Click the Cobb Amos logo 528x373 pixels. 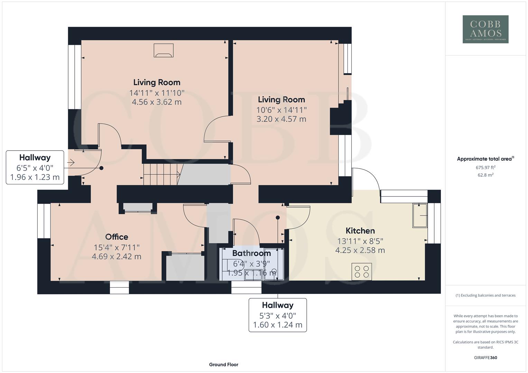point(485,29)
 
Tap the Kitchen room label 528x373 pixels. point(360,231)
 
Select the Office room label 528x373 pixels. point(117,237)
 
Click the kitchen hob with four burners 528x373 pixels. point(362,271)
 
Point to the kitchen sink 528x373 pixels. point(420,216)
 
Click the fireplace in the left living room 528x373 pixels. point(164,50)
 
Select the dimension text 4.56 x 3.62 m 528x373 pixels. point(157,102)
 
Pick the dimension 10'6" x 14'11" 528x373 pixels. point(281,110)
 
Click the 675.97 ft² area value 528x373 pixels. point(485,168)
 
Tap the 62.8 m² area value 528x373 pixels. point(485,175)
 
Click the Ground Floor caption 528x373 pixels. point(223,364)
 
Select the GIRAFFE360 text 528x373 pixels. point(485,358)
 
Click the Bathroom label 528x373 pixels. point(251,254)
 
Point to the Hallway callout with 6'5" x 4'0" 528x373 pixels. point(35,167)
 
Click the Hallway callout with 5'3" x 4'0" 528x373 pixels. point(278,315)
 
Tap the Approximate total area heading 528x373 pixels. point(485,159)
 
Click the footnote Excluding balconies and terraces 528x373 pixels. point(485,295)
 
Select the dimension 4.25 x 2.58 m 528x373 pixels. point(360,250)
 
